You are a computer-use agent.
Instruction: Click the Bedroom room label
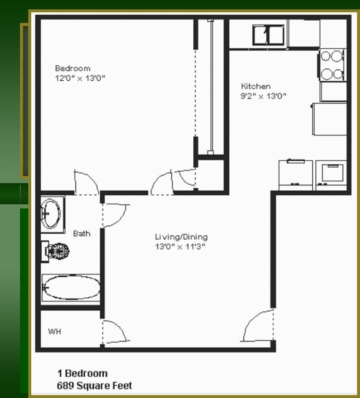tap(72, 68)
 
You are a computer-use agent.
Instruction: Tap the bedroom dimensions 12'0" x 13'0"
tap(80, 78)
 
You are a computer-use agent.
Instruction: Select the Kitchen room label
tap(256, 87)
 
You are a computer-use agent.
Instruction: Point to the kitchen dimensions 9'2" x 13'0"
tap(263, 96)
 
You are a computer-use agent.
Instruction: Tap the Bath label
tap(82, 234)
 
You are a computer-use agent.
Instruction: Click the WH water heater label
tap(54, 332)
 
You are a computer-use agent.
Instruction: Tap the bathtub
tap(70, 288)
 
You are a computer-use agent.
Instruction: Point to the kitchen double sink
tap(268, 35)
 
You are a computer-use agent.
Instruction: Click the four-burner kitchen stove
tap(332, 65)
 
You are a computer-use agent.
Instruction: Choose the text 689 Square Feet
tap(94, 386)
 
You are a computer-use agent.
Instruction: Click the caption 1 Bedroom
tap(82, 373)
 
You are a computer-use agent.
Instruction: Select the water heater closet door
tap(113, 333)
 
